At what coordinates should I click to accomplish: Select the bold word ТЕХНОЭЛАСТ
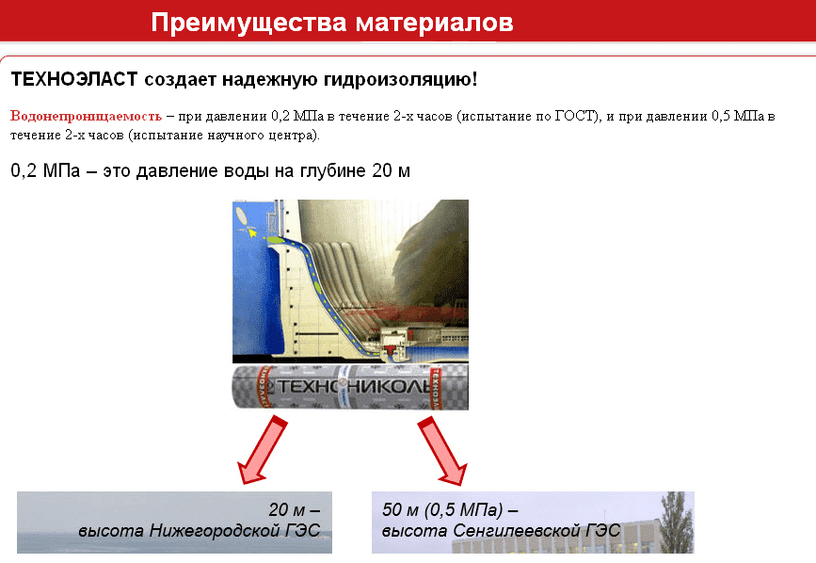[x=74, y=80]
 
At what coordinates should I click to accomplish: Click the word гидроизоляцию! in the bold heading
[x=400, y=80]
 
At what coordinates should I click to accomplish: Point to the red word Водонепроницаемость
[x=86, y=116]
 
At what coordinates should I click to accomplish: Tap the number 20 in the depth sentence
[x=382, y=170]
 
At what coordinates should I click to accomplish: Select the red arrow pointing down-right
[x=441, y=451]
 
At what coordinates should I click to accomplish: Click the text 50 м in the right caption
[x=401, y=509]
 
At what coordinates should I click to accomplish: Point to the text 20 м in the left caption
[x=286, y=509]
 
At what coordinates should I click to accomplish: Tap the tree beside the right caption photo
[x=677, y=522]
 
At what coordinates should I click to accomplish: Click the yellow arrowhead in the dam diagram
[x=252, y=233]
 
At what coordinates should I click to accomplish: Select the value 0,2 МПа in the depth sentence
[x=45, y=170]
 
